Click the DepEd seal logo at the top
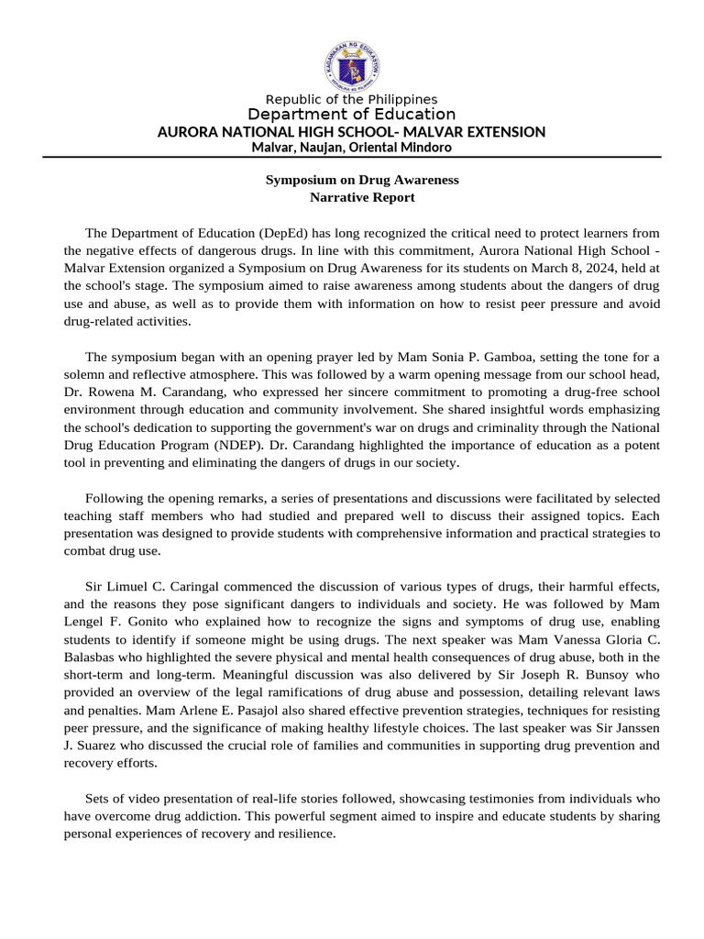351,63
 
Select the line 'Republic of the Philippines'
351,99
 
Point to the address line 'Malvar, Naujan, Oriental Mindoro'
351,147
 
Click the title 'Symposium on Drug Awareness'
362,180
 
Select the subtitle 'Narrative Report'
362,197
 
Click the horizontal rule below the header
351,157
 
